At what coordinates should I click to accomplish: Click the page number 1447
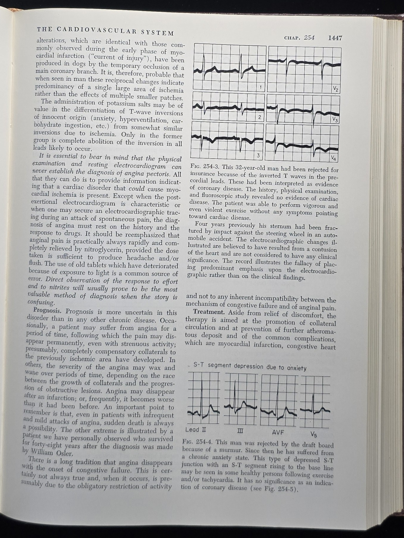click(x=335, y=38)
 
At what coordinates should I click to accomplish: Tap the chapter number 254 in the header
click(x=309, y=38)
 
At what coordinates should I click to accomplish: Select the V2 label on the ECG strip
click(x=336, y=88)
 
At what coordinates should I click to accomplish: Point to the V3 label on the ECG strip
click(x=335, y=119)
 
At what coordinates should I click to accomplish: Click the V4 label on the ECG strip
click(x=334, y=159)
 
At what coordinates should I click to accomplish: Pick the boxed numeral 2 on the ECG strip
click(x=259, y=117)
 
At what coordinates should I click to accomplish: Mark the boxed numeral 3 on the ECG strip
click(x=258, y=155)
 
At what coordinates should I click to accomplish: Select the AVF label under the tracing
click(x=278, y=432)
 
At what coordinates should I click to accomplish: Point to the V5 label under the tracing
click(x=314, y=434)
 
